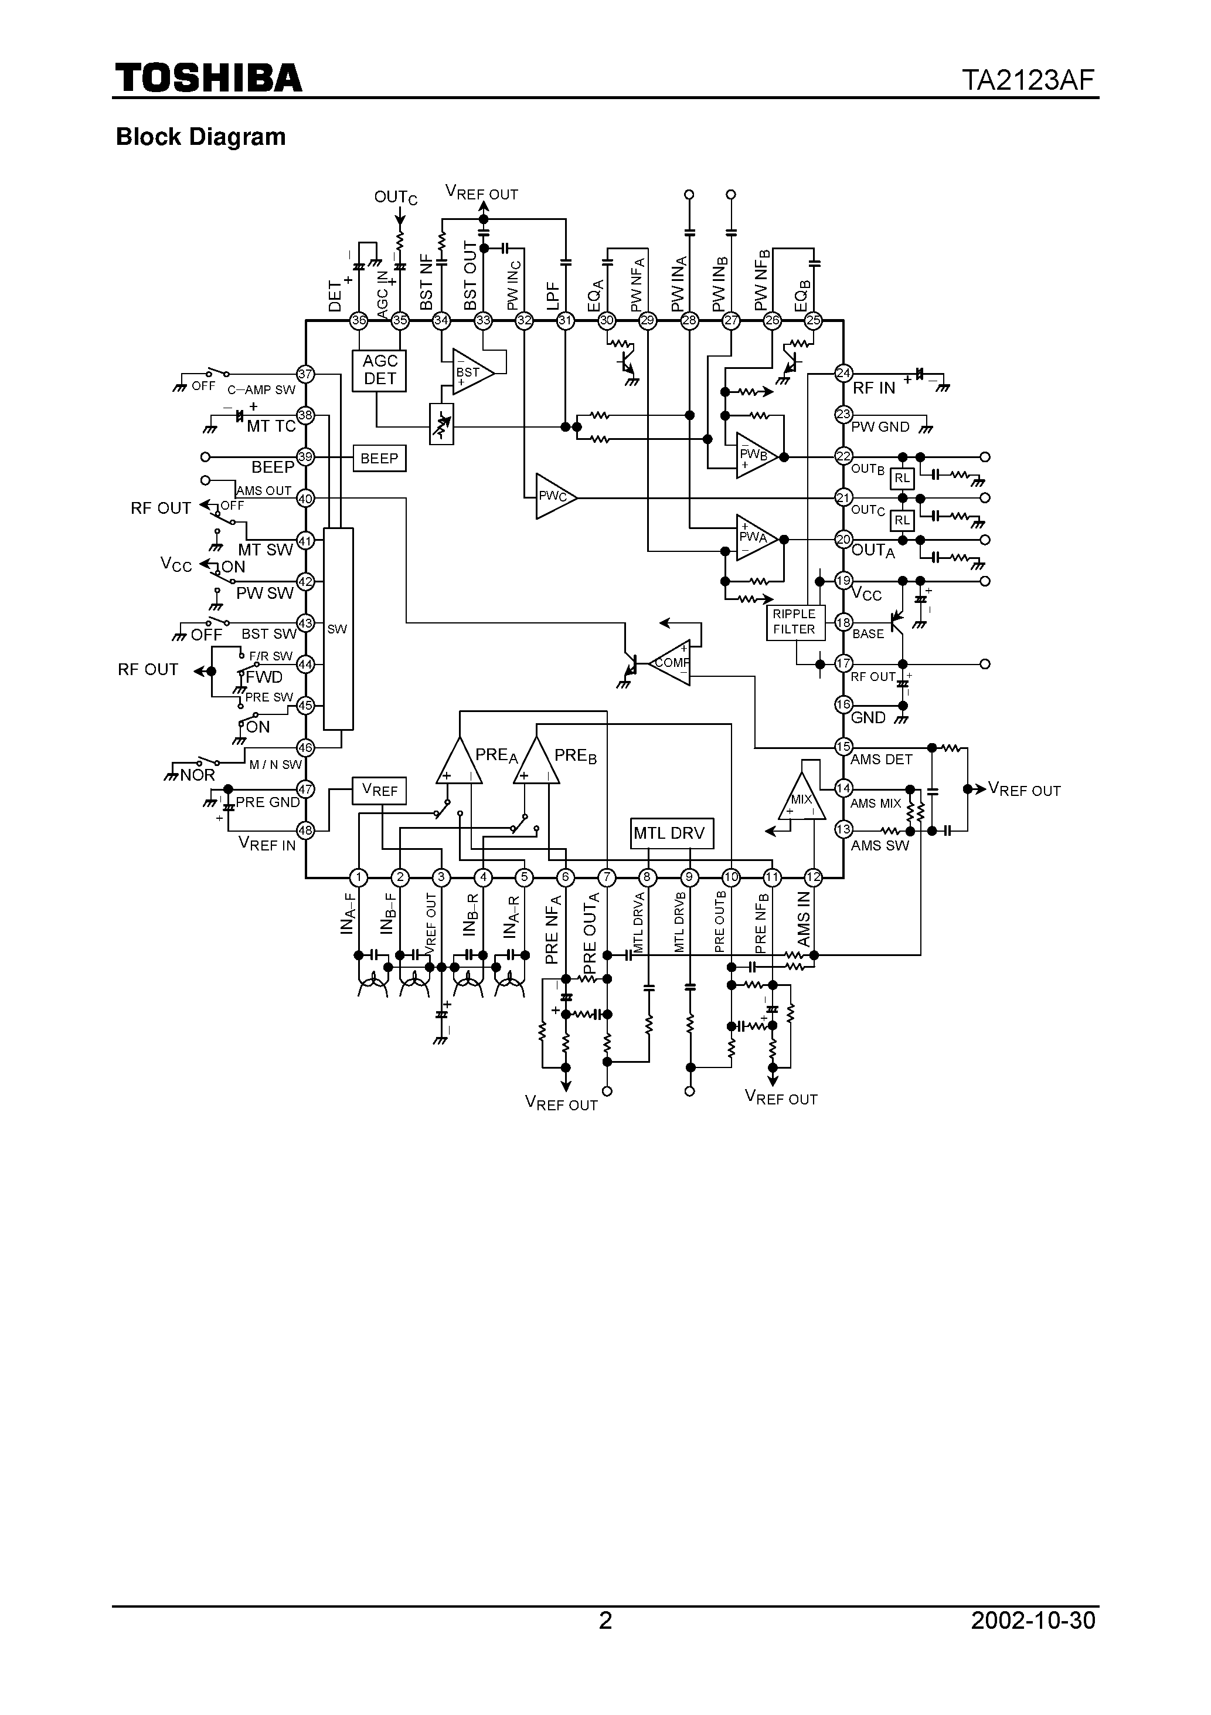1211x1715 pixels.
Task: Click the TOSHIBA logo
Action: coord(208,77)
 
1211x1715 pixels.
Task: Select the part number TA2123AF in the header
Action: coord(1028,80)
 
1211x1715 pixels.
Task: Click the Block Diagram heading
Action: coord(201,137)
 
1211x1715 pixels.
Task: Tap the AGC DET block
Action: coord(379,371)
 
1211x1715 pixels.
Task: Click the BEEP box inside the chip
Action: coord(379,459)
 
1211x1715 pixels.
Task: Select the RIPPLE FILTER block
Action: coord(795,622)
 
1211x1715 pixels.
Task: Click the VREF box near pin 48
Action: coord(379,790)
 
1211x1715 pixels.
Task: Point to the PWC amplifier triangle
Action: coord(553,497)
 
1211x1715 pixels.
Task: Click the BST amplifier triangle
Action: coord(470,372)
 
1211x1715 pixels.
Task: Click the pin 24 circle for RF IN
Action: coord(843,372)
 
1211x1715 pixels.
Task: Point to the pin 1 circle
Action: coord(359,877)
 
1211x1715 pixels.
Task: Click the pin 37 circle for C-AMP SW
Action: coord(305,374)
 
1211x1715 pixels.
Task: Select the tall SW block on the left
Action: coord(338,629)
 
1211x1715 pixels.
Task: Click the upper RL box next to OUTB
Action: coord(902,479)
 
